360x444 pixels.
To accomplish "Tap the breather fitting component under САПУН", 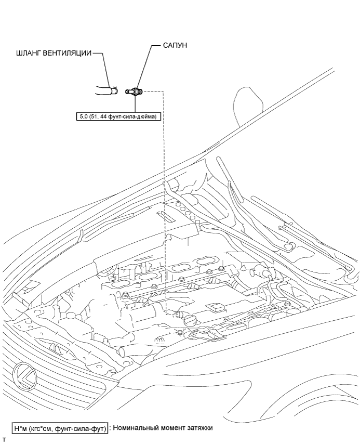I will tap(136, 92).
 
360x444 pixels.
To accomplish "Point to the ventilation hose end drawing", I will tap(107, 92).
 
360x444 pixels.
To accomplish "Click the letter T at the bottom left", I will tap(4, 440).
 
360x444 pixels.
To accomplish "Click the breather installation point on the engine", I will tap(177, 314).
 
